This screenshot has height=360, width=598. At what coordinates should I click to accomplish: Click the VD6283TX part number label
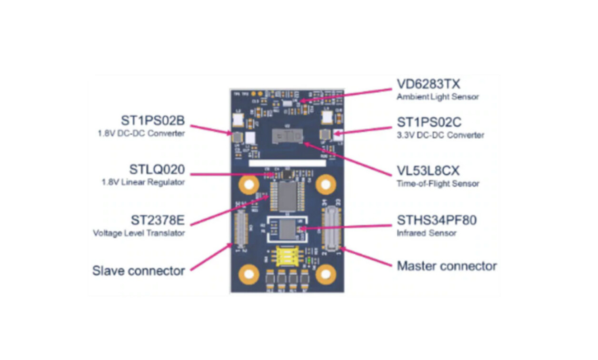[429, 84]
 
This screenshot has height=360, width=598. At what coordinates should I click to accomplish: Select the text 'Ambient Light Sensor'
[438, 97]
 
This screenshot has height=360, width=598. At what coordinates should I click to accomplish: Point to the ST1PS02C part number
[429, 122]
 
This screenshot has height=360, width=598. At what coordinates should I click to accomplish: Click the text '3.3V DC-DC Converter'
[440, 135]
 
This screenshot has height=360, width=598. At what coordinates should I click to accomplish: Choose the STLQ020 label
[157, 170]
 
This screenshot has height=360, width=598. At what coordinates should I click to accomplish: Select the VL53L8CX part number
[429, 171]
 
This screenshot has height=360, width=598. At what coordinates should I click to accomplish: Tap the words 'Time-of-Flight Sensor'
[438, 183]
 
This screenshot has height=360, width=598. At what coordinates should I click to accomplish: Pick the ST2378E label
[158, 220]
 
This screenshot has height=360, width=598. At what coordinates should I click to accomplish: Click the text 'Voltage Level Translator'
[139, 233]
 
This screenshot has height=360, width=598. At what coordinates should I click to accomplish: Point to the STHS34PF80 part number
[437, 220]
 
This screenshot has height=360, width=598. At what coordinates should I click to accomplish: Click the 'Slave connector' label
[139, 270]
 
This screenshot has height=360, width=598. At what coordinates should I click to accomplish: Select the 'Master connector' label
[447, 266]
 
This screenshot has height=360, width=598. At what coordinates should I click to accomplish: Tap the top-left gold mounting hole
[248, 184]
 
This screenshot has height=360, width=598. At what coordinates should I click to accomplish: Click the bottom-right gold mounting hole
[326, 273]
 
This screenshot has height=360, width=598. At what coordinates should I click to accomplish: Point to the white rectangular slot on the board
[287, 163]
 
